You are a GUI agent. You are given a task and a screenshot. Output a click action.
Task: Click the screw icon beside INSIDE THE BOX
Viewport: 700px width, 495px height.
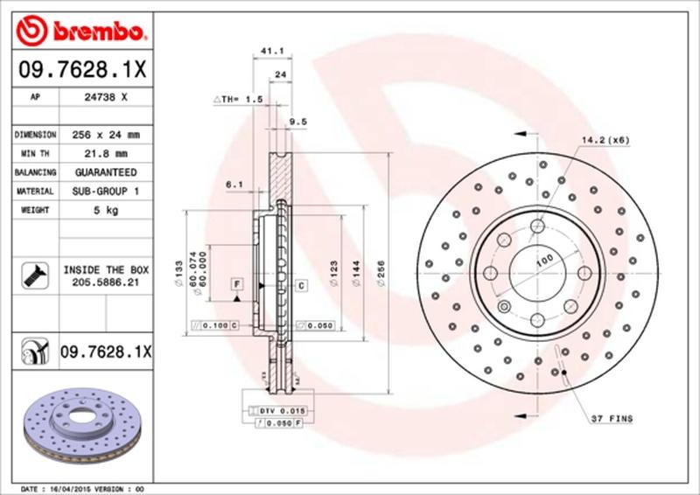point(31,276)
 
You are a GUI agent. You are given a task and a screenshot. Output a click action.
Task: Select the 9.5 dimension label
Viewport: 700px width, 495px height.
point(297,121)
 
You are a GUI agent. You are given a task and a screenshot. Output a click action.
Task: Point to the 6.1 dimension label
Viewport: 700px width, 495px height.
point(234,184)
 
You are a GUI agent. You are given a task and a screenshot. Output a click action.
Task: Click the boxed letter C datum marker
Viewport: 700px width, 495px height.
point(300,285)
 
